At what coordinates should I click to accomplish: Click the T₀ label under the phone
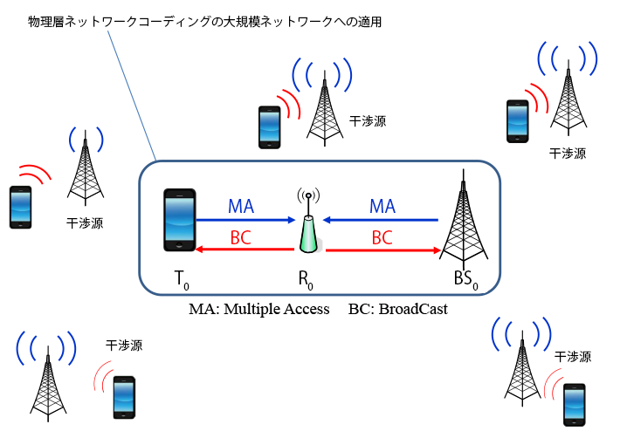(181, 278)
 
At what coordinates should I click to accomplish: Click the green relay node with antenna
(308, 229)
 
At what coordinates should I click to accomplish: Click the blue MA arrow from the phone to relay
(244, 221)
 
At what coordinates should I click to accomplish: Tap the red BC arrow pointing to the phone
(244, 250)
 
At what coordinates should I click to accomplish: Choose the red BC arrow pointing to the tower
(381, 250)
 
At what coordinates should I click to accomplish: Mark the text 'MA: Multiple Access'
(259, 309)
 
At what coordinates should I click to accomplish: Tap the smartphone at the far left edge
(20, 207)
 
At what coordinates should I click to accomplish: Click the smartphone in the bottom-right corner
(574, 405)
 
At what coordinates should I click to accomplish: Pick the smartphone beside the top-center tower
(269, 127)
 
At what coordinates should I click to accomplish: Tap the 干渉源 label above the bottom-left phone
(124, 346)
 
